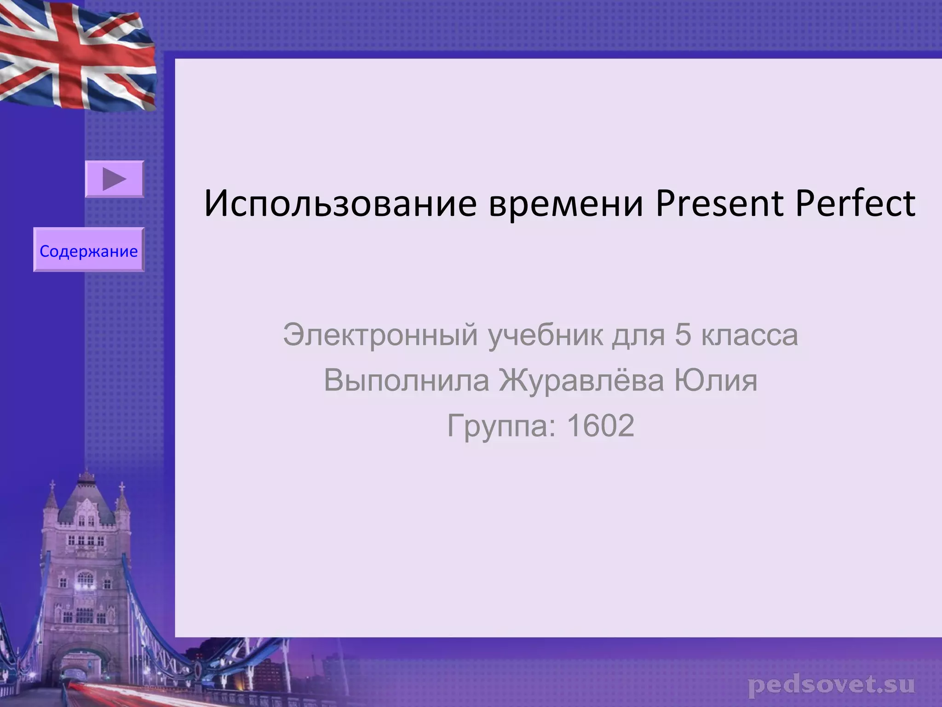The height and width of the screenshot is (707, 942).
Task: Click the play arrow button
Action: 115,179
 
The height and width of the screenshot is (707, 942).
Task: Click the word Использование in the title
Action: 340,203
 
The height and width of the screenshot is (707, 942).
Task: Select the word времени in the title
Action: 566,203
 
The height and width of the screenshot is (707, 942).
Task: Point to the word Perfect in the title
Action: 855,203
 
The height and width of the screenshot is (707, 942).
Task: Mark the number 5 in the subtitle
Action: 683,335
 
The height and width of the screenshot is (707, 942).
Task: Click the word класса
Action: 749,335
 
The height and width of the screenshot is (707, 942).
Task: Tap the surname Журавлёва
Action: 581,381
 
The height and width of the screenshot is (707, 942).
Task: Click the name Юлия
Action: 715,381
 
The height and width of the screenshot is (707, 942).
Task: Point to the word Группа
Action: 501,426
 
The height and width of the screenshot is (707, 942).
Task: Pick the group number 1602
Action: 600,426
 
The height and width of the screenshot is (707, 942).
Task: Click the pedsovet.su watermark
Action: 831,685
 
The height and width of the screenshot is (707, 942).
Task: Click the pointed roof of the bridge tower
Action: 86,497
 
